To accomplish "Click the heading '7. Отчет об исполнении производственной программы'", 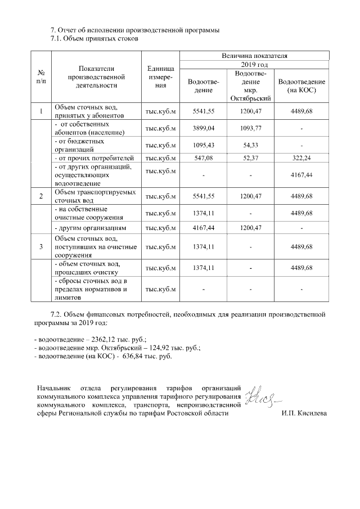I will coord(135,29).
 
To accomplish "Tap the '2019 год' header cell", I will coord(254,65).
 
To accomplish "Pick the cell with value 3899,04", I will coord(204,128).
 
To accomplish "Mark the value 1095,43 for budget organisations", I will coord(204,146).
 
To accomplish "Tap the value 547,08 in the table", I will coord(204,159).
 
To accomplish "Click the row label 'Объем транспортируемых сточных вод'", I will coord(95,196).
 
